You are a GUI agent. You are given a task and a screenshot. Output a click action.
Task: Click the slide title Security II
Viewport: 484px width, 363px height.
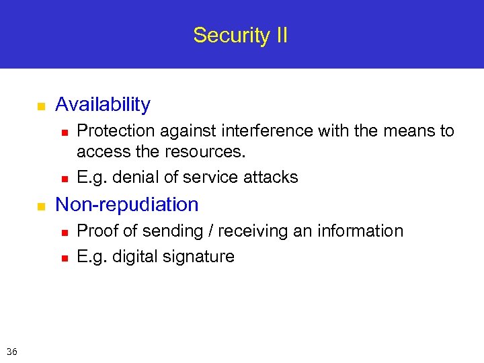pyautogui.click(x=240, y=35)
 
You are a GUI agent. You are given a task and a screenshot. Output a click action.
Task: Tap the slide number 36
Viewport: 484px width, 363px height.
pyautogui.click(x=11, y=352)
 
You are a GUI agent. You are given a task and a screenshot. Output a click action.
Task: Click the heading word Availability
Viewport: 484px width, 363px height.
pyautogui.click(x=103, y=105)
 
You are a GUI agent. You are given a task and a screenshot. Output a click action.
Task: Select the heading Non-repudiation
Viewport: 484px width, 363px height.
pyautogui.click(x=127, y=204)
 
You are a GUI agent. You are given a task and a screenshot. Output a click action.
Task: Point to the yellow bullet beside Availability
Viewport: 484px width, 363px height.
pyautogui.click(x=40, y=106)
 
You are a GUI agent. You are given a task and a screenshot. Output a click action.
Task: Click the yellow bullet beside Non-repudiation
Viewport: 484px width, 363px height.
pyautogui.click(x=40, y=206)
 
